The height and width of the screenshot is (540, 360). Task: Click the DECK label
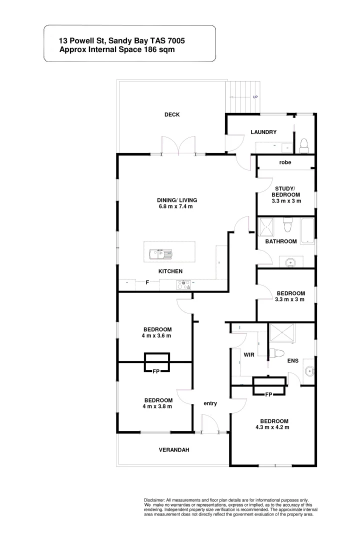pyautogui.click(x=172, y=115)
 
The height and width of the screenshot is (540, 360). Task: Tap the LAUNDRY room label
pyautogui.click(x=263, y=132)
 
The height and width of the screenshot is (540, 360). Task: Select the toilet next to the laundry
pyautogui.click(x=304, y=145)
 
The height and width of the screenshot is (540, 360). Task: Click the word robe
pyautogui.click(x=285, y=162)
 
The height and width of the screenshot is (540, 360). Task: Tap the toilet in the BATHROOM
pyautogui.click(x=287, y=226)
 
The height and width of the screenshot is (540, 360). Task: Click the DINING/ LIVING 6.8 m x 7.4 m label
pyautogui.click(x=174, y=202)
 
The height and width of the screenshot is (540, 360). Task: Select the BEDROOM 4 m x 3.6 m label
pyautogui.click(x=157, y=332)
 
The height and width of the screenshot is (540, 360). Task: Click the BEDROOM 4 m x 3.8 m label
pyautogui.click(x=158, y=403)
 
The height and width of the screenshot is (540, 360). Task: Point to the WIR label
pyautogui.click(x=249, y=354)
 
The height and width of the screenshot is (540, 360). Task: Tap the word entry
pyautogui.click(x=210, y=403)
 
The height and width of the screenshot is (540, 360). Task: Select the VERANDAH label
pyautogui.click(x=174, y=450)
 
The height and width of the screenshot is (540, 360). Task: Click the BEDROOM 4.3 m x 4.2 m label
pyautogui.click(x=274, y=423)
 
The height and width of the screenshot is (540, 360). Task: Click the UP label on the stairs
pyautogui.click(x=255, y=97)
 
